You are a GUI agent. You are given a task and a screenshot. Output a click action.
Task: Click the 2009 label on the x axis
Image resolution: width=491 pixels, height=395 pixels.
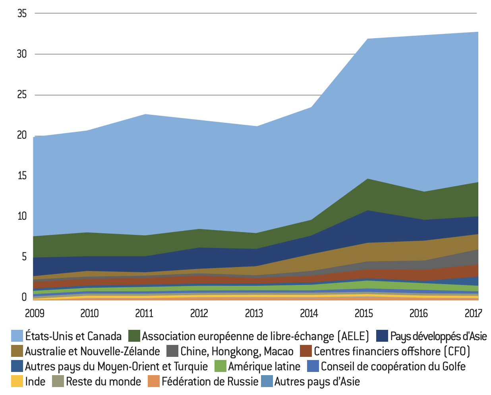pos(35,314)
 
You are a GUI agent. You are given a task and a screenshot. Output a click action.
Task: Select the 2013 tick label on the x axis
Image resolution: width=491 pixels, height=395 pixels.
pos(254,314)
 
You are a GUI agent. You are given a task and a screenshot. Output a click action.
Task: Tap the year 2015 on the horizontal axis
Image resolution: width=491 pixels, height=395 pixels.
pos(363,314)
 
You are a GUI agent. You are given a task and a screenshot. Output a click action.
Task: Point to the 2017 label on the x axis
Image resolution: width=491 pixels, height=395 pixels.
pos(473,314)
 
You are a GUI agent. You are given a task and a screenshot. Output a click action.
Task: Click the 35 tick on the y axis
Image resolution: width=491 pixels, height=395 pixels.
pos(22,14)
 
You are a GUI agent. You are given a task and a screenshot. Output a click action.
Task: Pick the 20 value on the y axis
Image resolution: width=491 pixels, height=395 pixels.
pos(22,135)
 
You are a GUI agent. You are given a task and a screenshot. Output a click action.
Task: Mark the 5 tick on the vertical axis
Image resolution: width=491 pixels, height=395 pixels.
pos(24,257)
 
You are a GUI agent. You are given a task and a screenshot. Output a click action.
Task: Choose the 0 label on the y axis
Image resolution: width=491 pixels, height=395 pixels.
pos(24,297)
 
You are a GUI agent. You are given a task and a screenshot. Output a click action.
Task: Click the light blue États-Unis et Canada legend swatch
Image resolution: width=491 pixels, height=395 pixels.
pos(17,336)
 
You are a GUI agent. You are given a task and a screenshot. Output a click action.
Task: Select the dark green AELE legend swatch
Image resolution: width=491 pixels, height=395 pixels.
pos(134,336)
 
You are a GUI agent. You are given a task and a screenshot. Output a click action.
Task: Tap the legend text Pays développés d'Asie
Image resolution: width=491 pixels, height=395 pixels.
pos(438,336)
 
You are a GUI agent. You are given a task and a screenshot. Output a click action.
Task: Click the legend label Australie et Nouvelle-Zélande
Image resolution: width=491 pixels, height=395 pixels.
pos(92,351)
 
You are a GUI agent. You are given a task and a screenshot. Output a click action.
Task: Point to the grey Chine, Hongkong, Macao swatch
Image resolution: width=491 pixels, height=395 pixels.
pos(172,351)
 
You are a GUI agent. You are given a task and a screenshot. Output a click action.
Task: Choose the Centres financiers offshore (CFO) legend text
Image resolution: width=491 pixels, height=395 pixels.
pos(392,351)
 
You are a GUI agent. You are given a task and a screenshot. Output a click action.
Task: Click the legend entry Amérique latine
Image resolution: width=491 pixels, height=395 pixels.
pos(264,366)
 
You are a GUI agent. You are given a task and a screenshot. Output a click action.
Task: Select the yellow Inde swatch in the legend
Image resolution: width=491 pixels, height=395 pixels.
pos(17,381)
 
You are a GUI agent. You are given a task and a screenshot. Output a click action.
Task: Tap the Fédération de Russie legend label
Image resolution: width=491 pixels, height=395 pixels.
pos(210,381)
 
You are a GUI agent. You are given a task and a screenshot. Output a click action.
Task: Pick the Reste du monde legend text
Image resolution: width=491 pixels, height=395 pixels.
pos(103,381)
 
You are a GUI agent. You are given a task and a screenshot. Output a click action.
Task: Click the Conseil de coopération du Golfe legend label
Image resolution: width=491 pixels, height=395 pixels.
pos(393,366)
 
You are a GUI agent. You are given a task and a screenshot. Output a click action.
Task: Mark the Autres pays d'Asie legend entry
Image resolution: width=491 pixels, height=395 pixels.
pos(317,381)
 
